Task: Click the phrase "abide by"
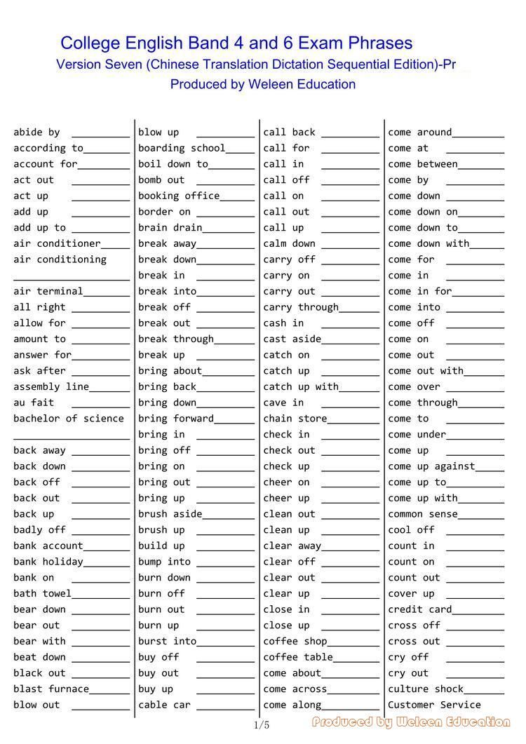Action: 36,132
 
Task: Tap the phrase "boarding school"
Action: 182,148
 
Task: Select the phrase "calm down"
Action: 289,243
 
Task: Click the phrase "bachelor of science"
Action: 69,419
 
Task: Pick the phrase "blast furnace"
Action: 51,689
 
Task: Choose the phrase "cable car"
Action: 164,705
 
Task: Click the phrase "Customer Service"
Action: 434,705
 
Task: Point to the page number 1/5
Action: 262,725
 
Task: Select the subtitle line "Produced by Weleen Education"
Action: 263,84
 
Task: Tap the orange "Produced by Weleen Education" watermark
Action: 412,722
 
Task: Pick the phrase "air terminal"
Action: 48,291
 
